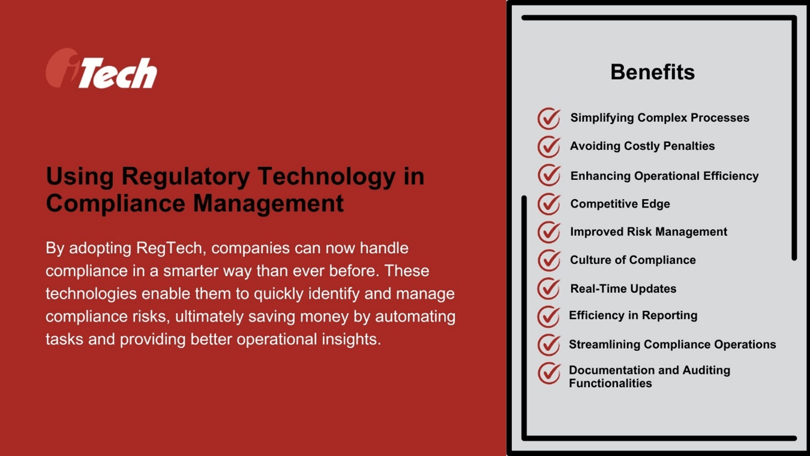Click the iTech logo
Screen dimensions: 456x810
pos(102,69)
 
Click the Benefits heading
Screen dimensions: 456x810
pos(652,72)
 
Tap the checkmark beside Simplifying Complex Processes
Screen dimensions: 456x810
pos(549,119)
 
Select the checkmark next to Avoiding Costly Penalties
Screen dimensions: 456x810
pos(549,147)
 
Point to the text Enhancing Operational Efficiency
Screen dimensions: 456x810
pos(664,176)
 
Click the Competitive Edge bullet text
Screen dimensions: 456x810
pos(620,204)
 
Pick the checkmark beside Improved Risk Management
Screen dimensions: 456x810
pos(549,232)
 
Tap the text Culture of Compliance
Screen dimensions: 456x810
pos(633,260)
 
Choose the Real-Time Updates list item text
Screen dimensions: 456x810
pos(623,289)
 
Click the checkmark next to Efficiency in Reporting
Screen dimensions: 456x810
pos(549,316)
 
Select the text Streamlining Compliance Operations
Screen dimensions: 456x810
pos(672,344)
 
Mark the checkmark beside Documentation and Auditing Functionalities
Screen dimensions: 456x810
pos(549,373)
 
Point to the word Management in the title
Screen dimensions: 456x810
pos(268,203)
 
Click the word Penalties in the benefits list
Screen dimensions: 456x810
pos(687,146)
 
